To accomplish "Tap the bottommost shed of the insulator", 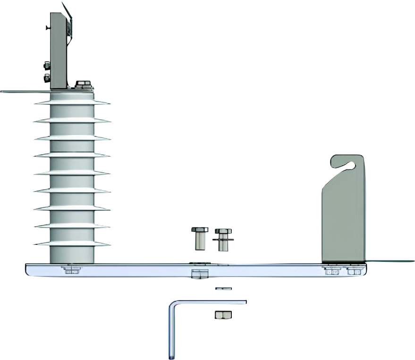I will click(72, 243).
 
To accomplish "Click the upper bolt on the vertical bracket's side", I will click(47, 66).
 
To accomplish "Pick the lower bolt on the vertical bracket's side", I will click(47, 78).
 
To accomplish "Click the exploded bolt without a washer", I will click(199, 238).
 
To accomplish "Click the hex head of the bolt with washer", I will click(223, 232).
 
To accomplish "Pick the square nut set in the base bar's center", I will click(199, 274).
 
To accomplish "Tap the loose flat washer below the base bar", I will click(224, 288).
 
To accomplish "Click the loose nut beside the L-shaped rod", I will click(223, 315).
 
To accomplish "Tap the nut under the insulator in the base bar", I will click(72, 270).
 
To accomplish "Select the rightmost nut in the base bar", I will click(354, 271).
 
